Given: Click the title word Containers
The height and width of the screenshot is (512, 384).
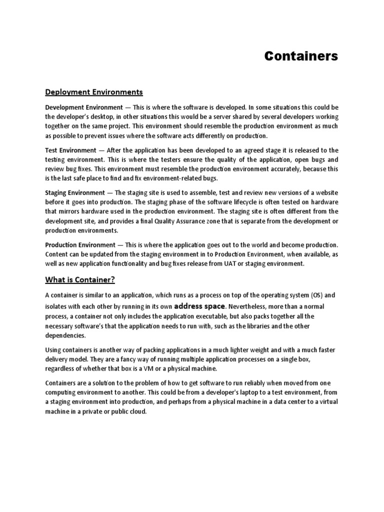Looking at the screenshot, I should click(x=301, y=56).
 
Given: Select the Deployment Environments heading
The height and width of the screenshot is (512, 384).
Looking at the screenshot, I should click(x=94, y=92).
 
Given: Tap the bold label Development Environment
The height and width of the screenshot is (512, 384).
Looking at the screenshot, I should click(x=84, y=107).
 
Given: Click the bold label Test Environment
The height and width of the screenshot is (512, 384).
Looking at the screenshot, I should click(x=70, y=150).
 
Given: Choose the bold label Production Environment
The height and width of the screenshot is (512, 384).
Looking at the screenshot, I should click(x=80, y=245).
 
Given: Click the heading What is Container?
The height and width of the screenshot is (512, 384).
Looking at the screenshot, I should click(x=80, y=279).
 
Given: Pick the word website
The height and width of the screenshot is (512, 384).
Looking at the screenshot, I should click(x=326, y=193).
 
